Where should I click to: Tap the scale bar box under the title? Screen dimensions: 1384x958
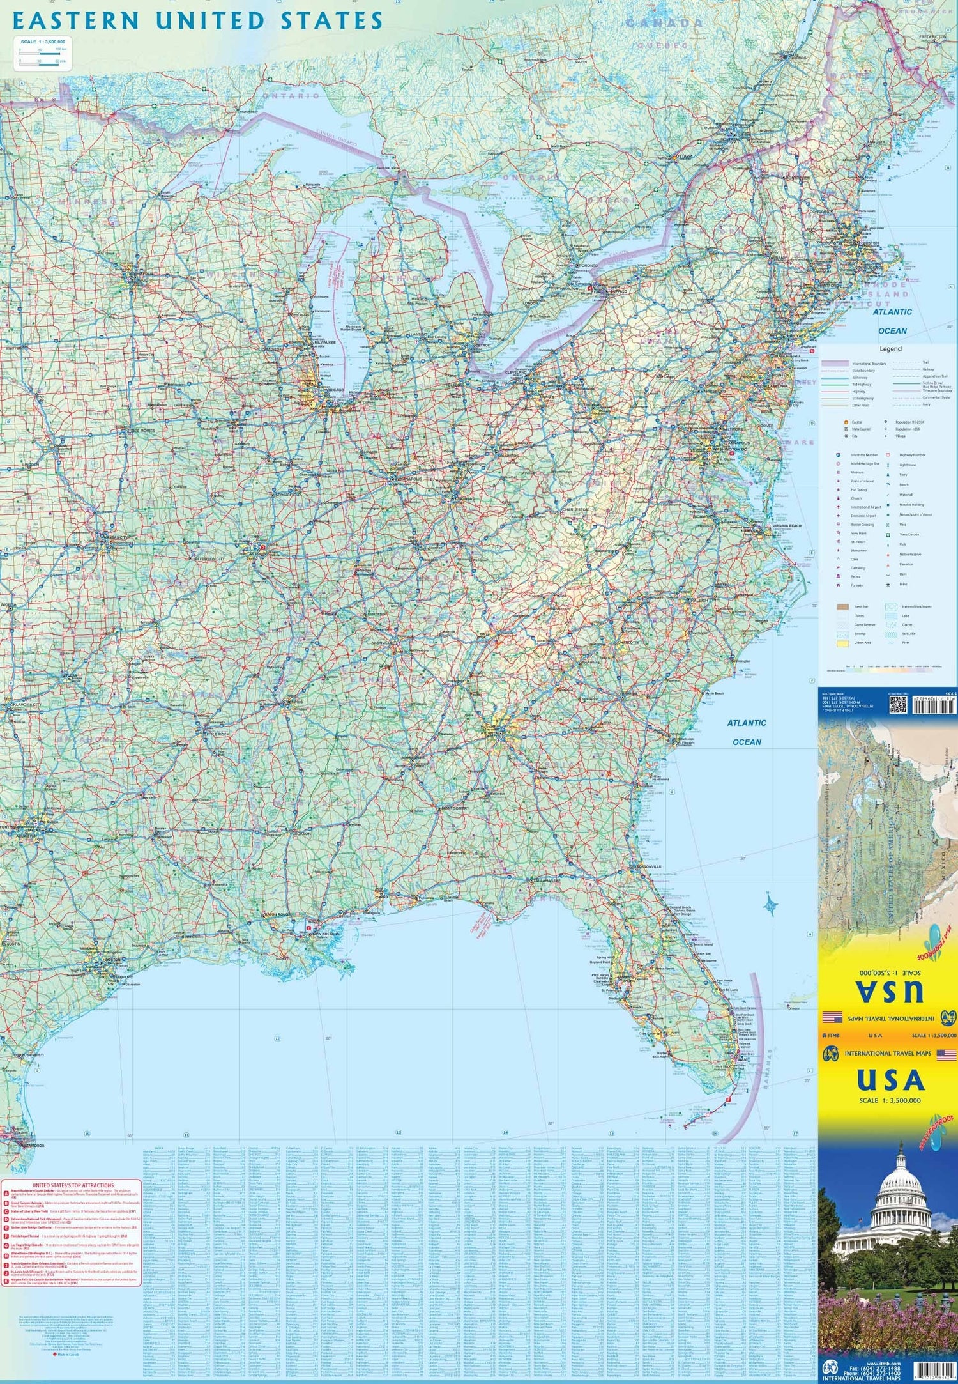(44, 53)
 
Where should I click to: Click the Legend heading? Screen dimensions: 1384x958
(890, 349)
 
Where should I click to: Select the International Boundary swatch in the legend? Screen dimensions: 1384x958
(835, 363)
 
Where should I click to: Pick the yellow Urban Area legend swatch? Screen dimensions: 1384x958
(843, 643)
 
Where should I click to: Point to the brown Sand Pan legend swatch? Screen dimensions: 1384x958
(843, 607)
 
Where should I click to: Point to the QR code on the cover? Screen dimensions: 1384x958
(898, 704)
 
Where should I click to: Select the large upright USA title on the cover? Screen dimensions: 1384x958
(890, 1080)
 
